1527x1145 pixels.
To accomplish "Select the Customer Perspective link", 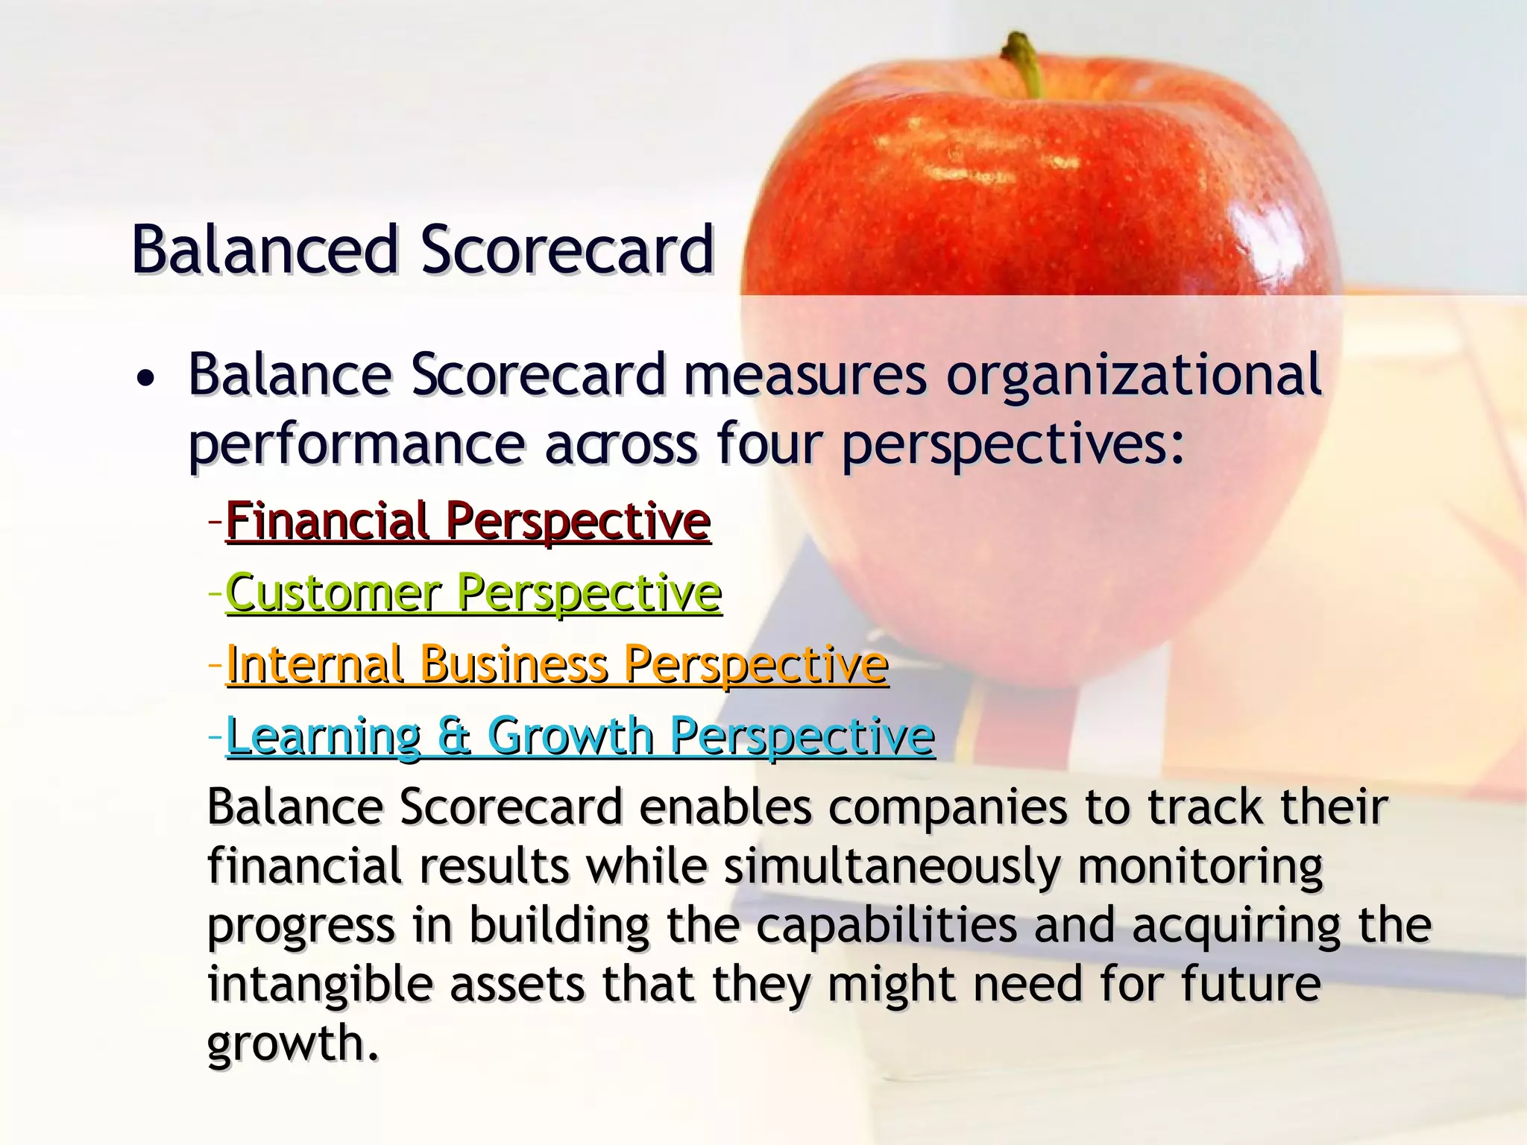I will click(473, 593).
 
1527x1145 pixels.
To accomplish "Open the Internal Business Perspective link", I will click(557, 664).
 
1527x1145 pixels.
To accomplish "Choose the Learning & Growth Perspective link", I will click(580, 736).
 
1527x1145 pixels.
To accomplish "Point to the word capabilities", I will click(886, 927).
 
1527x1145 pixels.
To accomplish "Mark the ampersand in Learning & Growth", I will click(454, 736).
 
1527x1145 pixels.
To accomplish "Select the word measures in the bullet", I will click(805, 375).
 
